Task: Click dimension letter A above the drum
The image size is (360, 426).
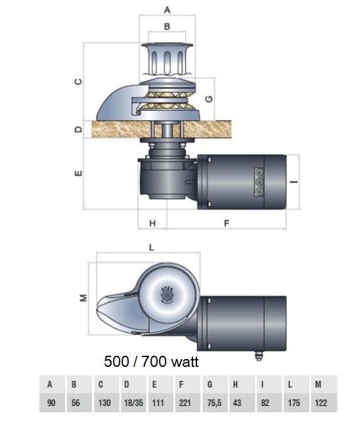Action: [167, 10]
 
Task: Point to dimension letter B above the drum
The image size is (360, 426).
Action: [168, 26]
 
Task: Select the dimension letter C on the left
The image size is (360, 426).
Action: [78, 81]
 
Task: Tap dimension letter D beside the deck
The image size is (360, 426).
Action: [78, 129]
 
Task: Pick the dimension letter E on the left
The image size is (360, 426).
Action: [78, 173]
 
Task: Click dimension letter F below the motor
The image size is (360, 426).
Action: [227, 223]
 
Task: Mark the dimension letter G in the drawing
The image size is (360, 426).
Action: [209, 99]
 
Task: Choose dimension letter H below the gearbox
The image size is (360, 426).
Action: [152, 223]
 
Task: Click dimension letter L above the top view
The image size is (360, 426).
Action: [152, 247]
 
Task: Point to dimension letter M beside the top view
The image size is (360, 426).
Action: [83, 298]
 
